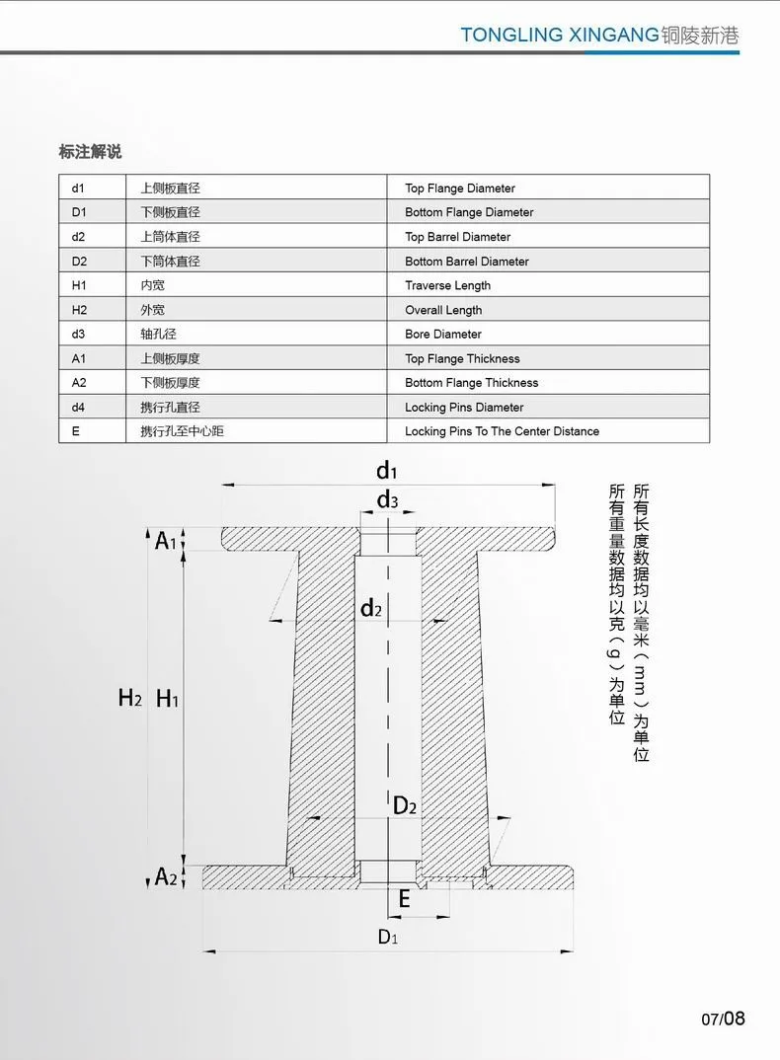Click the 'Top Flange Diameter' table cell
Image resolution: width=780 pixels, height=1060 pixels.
(x=460, y=188)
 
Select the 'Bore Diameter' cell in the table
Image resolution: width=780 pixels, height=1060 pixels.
(x=443, y=334)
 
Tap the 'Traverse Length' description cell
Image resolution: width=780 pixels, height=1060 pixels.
(x=447, y=285)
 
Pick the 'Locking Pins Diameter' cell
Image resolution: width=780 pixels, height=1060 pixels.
(x=464, y=407)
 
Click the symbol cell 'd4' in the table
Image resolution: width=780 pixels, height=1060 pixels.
(x=79, y=407)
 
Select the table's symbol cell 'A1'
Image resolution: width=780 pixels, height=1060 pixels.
(x=79, y=358)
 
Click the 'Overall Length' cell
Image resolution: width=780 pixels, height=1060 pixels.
(x=443, y=310)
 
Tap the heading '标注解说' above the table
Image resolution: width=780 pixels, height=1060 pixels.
(x=90, y=152)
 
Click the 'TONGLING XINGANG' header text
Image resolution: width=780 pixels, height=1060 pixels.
(x=559, y=36)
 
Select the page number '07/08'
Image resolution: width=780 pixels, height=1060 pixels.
(x=724, y=1018)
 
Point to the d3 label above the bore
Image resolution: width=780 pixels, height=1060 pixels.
(x=387, y=501)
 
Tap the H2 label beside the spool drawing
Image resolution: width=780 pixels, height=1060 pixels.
(x=130, y=698)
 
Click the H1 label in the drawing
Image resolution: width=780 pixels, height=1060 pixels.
(x=168, y=698)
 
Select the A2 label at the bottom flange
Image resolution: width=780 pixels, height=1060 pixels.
(x=166, y=875)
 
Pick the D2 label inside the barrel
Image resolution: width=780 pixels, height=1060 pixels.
(x=405, y=806)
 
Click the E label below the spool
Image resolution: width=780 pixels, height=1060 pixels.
(x=404, y=898)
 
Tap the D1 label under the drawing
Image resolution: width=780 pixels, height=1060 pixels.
(x=387, y=937)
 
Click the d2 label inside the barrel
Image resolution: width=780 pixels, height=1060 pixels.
(x=371, y=608)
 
